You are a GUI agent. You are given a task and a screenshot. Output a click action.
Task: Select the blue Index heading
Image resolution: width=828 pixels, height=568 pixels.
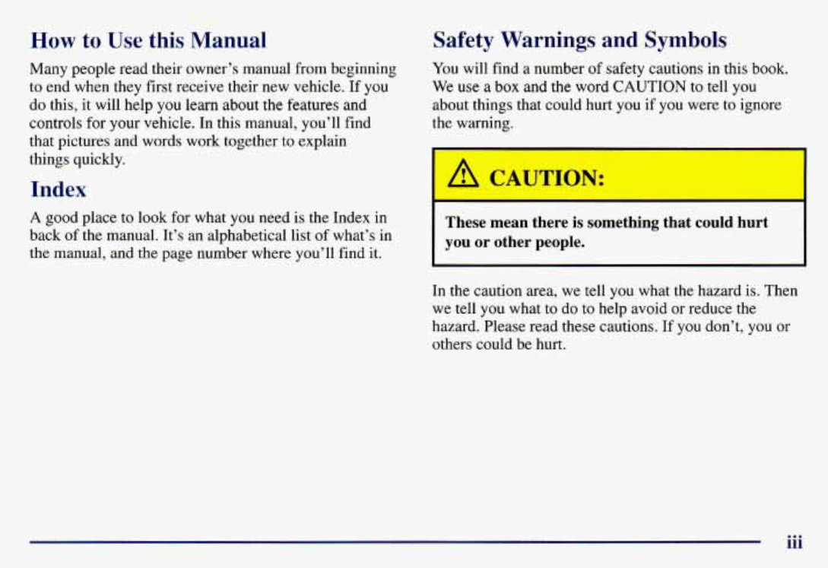point(59,189)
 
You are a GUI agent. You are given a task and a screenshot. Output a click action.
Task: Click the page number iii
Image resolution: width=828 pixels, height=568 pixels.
point(795,541)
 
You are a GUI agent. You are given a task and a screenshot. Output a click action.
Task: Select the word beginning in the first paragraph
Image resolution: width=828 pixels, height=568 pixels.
point(360,69)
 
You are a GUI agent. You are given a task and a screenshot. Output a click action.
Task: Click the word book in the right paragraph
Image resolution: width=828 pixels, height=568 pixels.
point(769,69)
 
